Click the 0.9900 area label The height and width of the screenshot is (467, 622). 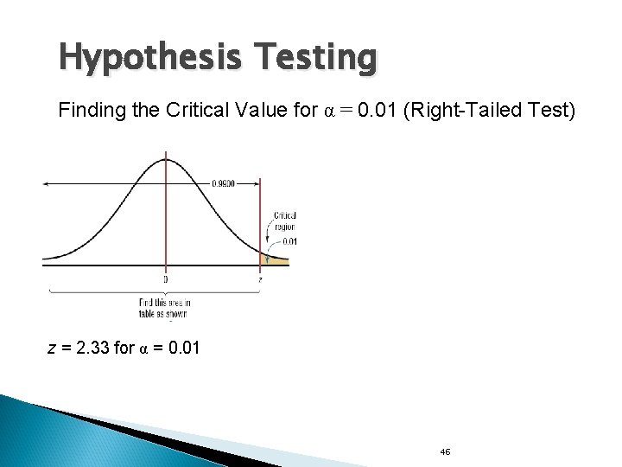point(225,182)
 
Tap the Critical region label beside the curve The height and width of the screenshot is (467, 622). point(285,221)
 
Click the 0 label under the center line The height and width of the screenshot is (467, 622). point(165,279)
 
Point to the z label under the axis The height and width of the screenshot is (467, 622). point(261,279)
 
